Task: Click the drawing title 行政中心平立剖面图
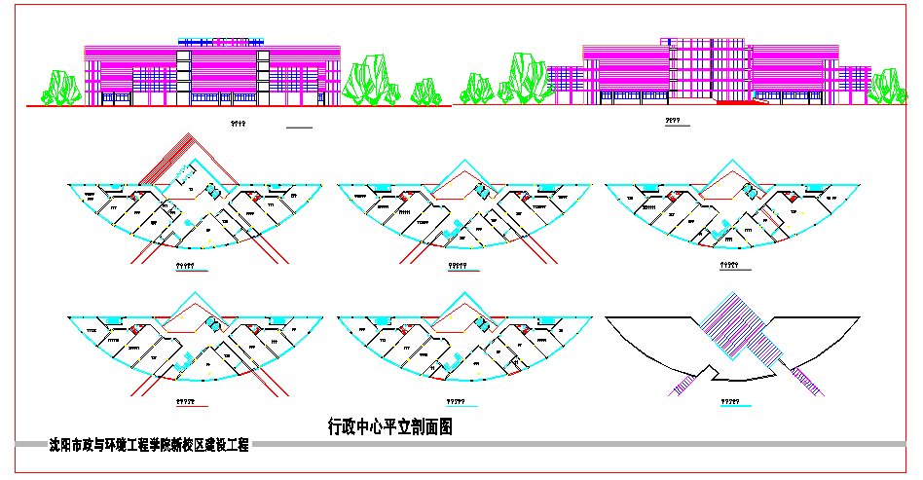pos(390,425)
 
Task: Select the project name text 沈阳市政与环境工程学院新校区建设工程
pos(149,446)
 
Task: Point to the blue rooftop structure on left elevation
pos(223,43)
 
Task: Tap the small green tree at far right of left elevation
pos(425,92)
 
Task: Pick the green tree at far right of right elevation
pos(887,86)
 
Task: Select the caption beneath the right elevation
pos(672,121)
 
